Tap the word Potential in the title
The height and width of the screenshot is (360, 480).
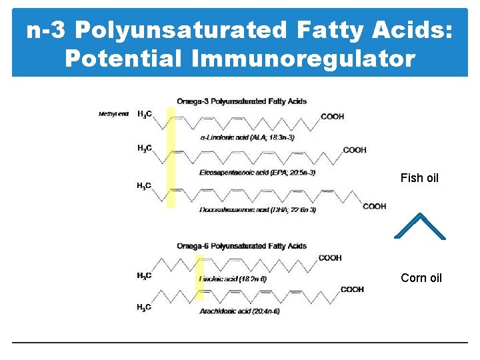123,58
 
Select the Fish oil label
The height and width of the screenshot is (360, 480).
419,178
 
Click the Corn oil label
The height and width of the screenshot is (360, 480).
421,278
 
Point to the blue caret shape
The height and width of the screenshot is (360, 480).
420,226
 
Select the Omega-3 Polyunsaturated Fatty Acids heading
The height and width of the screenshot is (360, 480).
241,101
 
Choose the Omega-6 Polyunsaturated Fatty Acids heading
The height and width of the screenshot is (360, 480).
241,246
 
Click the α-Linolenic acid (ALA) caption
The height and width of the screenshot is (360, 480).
247,137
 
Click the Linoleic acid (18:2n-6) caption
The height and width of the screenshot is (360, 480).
233,279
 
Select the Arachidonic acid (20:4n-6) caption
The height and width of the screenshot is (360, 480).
239,311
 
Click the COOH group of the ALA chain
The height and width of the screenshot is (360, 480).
333,117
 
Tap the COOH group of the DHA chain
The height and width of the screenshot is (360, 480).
374,207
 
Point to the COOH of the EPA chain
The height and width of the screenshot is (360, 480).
355,150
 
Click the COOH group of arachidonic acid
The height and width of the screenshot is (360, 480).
352,289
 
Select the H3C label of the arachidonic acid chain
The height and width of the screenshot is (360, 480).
144,307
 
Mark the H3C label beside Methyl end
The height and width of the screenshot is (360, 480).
144,115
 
